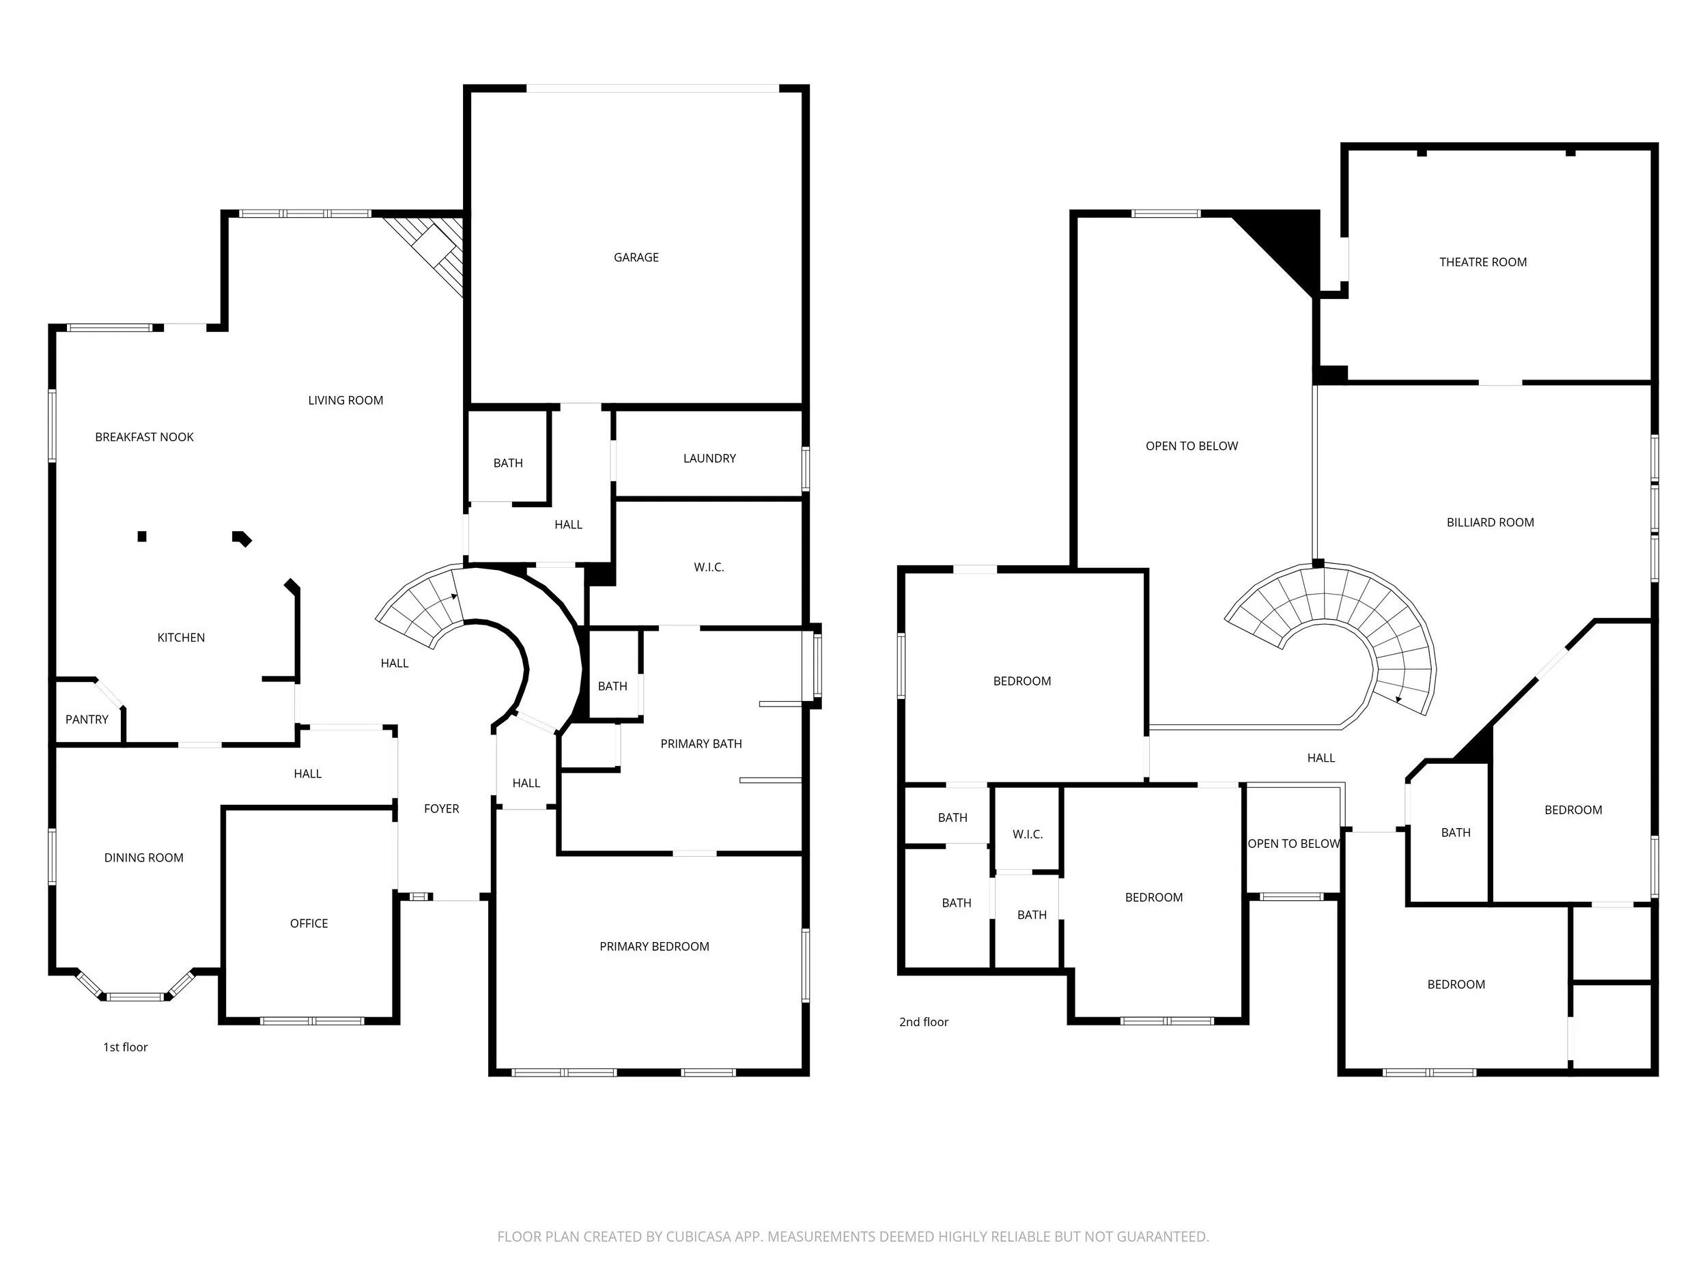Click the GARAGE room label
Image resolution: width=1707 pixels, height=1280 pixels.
(x=636, y=257)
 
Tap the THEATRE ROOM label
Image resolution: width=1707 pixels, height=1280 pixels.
(x=1482, y=261)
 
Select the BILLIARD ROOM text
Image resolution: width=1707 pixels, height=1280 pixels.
(x=1489, y=522)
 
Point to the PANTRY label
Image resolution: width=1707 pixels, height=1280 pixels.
(x=87, y=719)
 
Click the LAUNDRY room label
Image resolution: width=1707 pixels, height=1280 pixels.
(x=709, y=458)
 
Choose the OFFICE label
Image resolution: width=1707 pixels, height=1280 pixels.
(x=309, y=924)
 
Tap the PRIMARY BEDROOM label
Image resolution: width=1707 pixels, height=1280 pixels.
(x=653, y=947)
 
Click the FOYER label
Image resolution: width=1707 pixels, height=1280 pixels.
(x=441, y=808)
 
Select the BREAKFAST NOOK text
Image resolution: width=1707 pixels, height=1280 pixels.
(x=144, y=437)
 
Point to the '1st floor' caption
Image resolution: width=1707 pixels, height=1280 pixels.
(x=125, y=1047)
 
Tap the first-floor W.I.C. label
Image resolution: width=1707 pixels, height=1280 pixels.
(x=709, y=567)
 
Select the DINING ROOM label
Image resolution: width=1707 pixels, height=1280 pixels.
(x=143, y=857)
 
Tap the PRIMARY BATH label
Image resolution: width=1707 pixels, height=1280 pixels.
(x=701, y=744)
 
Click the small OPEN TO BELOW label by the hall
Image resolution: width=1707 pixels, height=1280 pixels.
(x=1293, y=843)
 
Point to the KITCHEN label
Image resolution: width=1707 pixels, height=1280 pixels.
(x=180, y=638)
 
